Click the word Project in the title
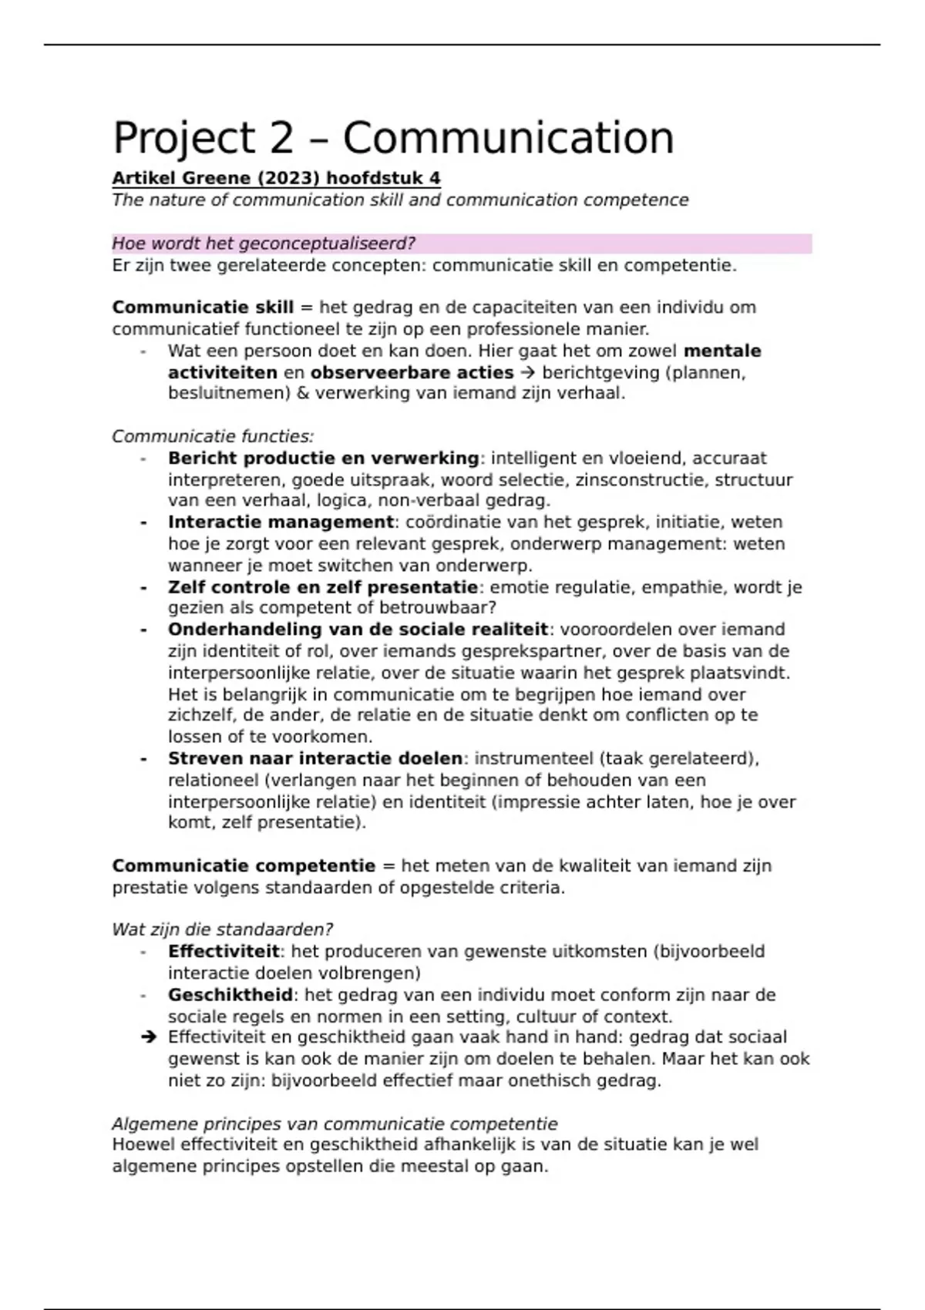[x=183, y=139]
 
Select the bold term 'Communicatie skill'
[x=203, y=307]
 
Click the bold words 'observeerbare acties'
[x=412, y=373]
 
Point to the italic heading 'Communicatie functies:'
[x=213, y=437]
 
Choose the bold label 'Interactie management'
[x=281, y=522]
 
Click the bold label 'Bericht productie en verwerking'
[x=323, y=458]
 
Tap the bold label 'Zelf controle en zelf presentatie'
[x=323, y=587]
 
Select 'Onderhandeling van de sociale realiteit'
[x=358, y=630]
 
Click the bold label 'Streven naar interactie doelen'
[x=314, y=759]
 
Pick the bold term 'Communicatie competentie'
[x=244, y=866]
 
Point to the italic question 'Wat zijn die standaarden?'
[x=222, y=930]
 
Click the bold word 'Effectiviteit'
[x=224, y=952]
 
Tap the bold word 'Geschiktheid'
[x=230, y=995]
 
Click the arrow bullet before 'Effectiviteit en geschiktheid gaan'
[x=149, y=1038]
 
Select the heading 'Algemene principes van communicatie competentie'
[x=335, y=1124]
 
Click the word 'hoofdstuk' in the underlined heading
[x=375, y=179]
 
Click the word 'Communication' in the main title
[x=508, y=139]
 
